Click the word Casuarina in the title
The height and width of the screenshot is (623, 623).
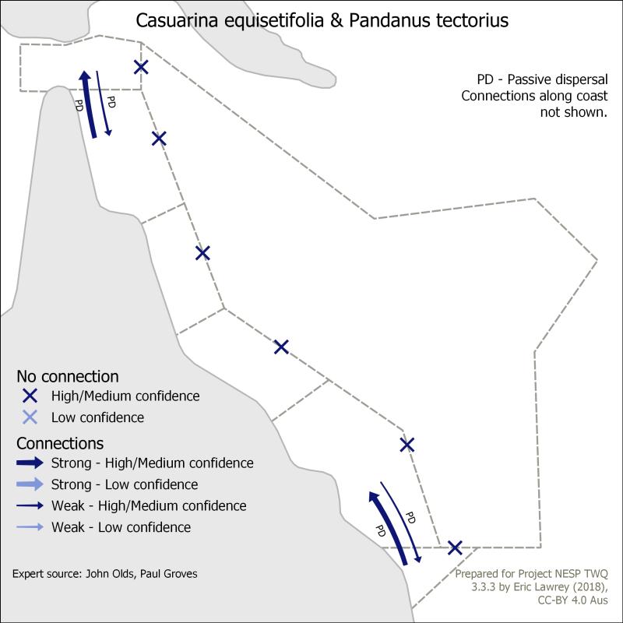click(x=177, y=21)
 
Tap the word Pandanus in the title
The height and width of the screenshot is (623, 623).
click(x=389, y=21)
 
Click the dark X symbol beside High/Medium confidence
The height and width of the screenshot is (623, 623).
click(x=30, y=396)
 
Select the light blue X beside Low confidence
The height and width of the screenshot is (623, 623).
click(x=30, y=417)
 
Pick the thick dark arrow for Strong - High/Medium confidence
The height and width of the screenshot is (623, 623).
click(x=30, y=463)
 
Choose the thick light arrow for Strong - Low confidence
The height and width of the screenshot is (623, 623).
click(x=30, y=484)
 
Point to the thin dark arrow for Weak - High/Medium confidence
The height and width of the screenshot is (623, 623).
click(x=30, y=505)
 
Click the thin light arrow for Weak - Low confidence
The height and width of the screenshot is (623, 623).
click(x=30, y=527)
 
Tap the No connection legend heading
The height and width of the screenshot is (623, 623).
click(x=68, y=376)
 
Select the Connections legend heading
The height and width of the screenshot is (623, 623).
click(x=60, y=443)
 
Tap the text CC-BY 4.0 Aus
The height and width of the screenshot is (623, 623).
click(x=572, y=600)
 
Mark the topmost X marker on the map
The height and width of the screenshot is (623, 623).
click(x=141, y=67)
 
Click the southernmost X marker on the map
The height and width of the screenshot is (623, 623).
click(x=455, y=548)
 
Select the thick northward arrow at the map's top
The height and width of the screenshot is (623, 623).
click(x=88, y=104)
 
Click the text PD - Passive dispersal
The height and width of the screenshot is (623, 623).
click(x=542, y=79)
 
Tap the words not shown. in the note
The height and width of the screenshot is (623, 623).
click(x=574, y=112)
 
